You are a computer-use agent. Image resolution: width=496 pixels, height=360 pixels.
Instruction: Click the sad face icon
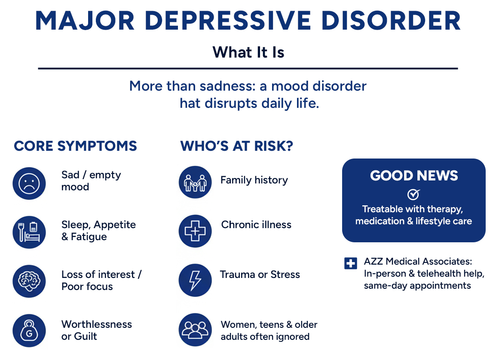(x=29, y=183)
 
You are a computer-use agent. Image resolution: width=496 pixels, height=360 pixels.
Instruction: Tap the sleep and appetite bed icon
(x=29, y=232)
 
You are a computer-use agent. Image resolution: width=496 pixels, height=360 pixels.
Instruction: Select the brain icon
(x=29, y=281)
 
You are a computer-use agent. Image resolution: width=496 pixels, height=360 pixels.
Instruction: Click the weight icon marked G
(x=29, y=331)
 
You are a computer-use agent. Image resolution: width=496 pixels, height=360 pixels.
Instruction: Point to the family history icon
(x=195, y=183)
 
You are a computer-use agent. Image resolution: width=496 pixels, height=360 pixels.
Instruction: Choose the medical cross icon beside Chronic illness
(x=195, y=231)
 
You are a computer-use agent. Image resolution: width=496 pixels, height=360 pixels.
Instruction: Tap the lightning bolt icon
(x=195, y=281)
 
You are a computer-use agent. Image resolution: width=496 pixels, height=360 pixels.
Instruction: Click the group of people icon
(x=195, y=329)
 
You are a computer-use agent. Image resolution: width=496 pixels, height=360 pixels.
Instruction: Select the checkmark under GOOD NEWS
(x=413, y=194)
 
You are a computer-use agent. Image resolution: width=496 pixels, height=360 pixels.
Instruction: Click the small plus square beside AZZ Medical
(x=350, y=263)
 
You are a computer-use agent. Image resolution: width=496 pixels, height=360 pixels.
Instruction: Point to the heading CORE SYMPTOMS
(x=75, y=146)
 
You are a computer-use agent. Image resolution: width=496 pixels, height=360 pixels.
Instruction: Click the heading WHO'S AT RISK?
(x=237, y=146)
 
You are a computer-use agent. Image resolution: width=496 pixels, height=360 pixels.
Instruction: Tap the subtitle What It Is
(x=248, y=52)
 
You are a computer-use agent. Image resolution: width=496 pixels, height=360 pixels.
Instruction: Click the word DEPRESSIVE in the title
(x=228, y=21)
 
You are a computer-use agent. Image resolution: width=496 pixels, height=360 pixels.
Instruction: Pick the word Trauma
(x=238, y=275)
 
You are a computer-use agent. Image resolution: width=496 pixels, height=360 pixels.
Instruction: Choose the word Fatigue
(x=89, y=237)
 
